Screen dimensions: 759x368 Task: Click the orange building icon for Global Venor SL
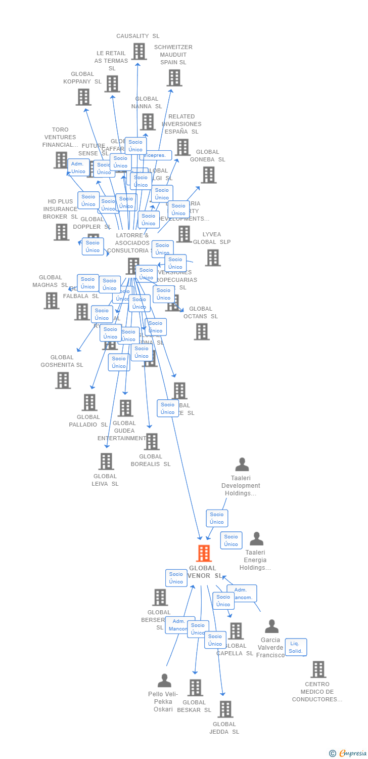204,554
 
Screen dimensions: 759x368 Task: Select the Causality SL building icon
139,51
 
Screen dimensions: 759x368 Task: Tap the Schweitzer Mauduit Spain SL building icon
174,77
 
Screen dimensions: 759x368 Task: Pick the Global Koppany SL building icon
83,97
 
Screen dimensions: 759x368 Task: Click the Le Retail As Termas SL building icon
112,83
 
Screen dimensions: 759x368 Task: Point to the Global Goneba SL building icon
208,175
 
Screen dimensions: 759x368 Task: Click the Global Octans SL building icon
202,331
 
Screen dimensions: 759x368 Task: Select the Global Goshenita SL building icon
63,380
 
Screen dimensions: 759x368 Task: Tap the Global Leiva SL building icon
106,461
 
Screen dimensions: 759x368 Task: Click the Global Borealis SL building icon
151,441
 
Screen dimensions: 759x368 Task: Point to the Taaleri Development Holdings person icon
242,464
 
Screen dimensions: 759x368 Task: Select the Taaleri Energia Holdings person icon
257,539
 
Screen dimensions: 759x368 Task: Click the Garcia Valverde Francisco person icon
272,626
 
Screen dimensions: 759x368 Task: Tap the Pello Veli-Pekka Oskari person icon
164,681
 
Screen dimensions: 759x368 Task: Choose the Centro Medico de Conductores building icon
318,669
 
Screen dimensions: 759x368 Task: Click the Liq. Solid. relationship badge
295,647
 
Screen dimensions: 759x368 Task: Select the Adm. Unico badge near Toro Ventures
78,167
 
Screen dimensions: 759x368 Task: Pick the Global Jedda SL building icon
225,709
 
